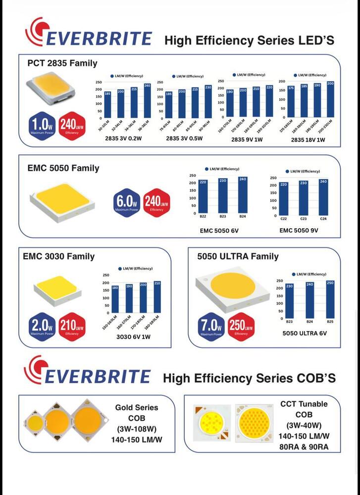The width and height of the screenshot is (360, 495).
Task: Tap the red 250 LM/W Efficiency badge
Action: pos(241,328)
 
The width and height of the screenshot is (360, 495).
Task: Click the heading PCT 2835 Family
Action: pos(62,63)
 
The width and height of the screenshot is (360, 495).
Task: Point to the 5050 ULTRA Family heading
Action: pos(238,256)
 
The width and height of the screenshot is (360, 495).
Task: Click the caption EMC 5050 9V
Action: pos(299,230)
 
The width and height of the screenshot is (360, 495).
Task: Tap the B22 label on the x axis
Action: pos(203,217)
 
